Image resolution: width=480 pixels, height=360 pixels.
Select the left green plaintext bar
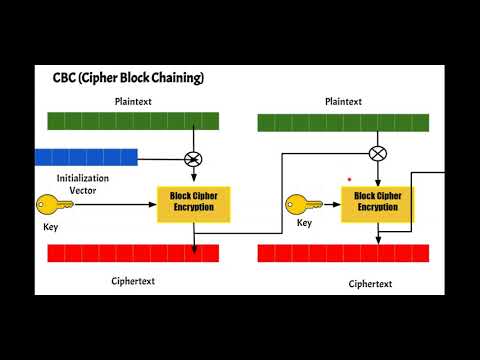click(x=132, y=122)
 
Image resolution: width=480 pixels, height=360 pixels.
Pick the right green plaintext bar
click(x=344, y=123)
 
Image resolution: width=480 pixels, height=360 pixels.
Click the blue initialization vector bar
click(x=85, y=156)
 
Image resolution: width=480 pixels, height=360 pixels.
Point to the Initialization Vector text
click(x=84, y=183)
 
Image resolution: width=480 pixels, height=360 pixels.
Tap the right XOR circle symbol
click(x=377, y=153)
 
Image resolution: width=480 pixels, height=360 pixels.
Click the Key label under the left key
click(x=51, y=228)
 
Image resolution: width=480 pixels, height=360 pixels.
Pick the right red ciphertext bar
click(x=344, y=253)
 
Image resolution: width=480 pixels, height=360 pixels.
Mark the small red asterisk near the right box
click(x=349, y=180)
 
